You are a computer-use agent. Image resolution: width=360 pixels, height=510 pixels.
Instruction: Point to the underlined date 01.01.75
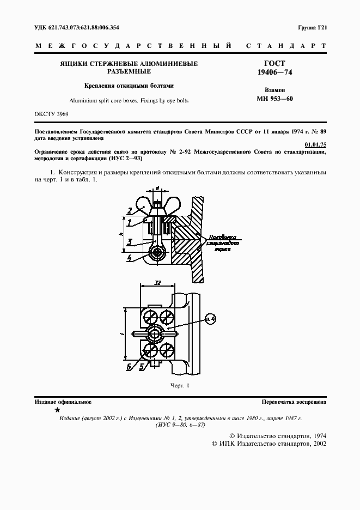(x=316, y=144)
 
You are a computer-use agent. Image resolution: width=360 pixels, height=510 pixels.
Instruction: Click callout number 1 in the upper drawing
(x=129, y=222)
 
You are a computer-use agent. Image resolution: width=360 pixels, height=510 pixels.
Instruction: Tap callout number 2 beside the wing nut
(x=130, y=210)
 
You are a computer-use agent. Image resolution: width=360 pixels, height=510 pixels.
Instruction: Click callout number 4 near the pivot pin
(x=129, y=258)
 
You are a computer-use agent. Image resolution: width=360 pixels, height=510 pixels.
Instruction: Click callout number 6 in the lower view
(x=129, y=367)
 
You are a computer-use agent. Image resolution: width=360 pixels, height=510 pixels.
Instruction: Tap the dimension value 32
(x=157, y=283)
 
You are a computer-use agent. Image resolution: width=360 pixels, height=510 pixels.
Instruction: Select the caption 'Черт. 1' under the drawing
(x=179, y=386)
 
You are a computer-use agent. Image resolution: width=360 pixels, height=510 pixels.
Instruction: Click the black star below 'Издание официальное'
(x=57, y=410)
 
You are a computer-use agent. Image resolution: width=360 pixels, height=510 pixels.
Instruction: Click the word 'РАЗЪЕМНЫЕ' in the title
(x=129, y=72)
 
